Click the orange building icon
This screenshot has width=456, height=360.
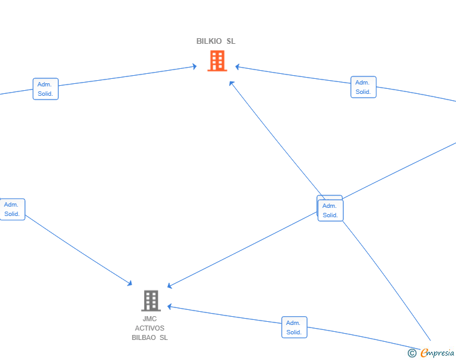[217, 61]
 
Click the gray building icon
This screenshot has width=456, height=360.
[151, 301]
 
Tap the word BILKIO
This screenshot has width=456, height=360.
[209, 41]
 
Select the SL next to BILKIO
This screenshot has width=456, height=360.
[231, 41]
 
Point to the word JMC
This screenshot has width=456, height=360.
[150, 319]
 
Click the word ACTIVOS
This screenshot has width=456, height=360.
[150, 328]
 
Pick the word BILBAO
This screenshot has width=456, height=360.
[143, 337]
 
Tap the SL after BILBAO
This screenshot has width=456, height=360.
[163, 337]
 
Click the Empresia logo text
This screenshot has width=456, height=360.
[437, 353]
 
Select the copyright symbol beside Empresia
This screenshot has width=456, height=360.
[412, 353]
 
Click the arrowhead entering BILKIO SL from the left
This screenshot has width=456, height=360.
[195, 66]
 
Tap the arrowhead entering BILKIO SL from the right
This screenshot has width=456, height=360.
[237, 67]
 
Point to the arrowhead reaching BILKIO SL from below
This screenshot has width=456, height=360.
[231, 83]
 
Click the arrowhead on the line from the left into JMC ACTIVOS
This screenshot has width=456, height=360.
[130, 283]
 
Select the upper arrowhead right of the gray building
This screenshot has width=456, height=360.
[170, 286]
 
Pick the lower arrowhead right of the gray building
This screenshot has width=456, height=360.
[170, 307]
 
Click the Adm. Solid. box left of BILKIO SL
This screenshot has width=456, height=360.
[46, 89]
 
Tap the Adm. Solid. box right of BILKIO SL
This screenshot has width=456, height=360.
[363, 87]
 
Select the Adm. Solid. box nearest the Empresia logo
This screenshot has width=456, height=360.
[294, 327]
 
